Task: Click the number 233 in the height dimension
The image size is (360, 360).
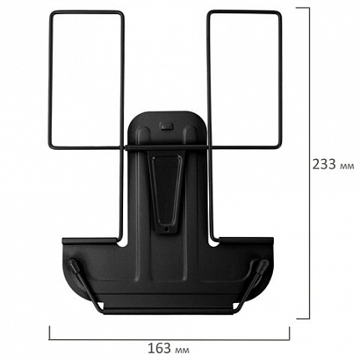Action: [x=324, y=164]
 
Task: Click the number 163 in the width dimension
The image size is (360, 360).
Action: [x=159, y=348]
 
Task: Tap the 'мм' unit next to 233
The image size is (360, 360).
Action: [x=347, y=167]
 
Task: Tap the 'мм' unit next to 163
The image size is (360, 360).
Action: [x=183, y=350]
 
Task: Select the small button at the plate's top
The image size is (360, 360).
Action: [x=166, y=126]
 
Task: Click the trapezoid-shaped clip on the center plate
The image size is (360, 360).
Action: [x=165, y=190]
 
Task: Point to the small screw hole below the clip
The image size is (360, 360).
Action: [x=167, y=229]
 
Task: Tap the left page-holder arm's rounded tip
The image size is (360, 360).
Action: [x=72, y=263]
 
